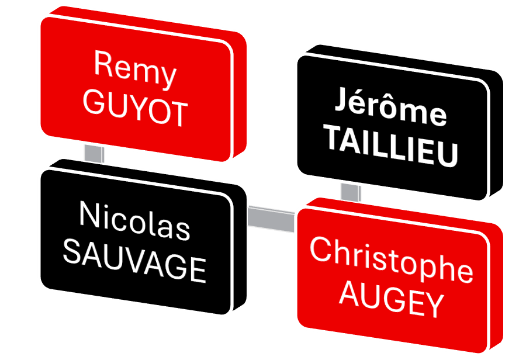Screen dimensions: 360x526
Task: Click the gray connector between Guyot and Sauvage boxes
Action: (x=94, y=154)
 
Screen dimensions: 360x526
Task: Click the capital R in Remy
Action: (x=102, y=64)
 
